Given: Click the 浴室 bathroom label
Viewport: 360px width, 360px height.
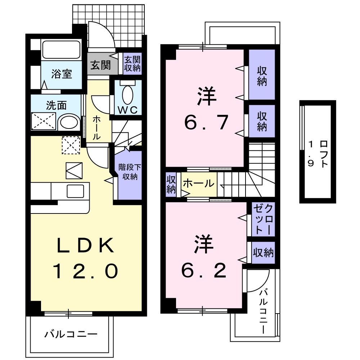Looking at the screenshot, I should pos(62,74).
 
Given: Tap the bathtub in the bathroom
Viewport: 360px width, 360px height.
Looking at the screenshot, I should pos(61,50).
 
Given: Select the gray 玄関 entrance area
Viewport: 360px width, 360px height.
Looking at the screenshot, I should pos(100,66).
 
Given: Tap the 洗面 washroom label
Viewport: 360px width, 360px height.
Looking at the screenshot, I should pos(57,105).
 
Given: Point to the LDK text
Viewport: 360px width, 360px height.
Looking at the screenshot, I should pos(86,246).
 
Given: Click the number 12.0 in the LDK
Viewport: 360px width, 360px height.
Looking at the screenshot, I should pos(86,271).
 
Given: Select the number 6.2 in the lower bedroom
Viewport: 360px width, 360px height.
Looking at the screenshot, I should pos(204,271).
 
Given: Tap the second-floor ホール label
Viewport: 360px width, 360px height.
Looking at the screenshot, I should pos(198,184).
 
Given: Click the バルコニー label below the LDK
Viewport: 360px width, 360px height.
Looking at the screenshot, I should pos(71,334).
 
